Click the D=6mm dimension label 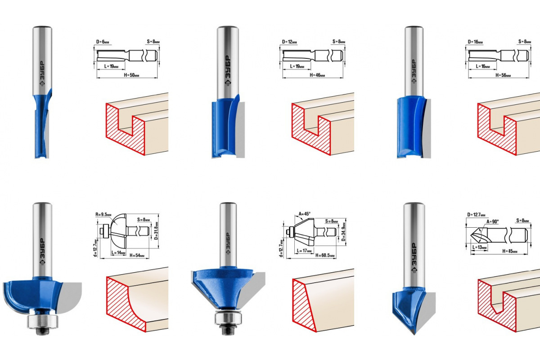103,42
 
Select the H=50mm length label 131,75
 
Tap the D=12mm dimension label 289,42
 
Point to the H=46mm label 317,75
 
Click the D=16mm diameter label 475,42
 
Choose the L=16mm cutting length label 483,66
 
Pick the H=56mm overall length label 503,75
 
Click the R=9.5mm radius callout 103,214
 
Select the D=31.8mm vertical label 156,231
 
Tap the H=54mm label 137,255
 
